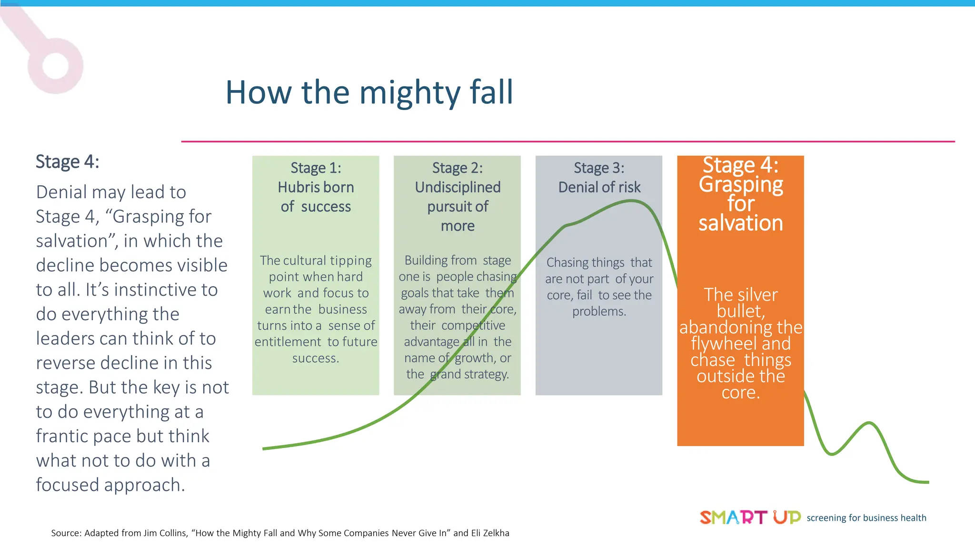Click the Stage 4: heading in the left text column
(x=67, y=162)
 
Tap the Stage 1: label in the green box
(x=316, y=168)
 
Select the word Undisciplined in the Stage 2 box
(x=458, y=187)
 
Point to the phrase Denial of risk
(x=599, y=187)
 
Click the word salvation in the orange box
(x=740, y=223)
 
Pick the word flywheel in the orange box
(x=716, y=344)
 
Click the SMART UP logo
(x=750, y=517)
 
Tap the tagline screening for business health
(x=866, y=518)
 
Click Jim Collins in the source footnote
(x=165, y=533)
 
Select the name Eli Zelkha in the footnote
(x=490, y=533)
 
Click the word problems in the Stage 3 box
(x=599, y=312)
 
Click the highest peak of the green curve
(x=631, y=201)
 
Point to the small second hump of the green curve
(x=869, y=423)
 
